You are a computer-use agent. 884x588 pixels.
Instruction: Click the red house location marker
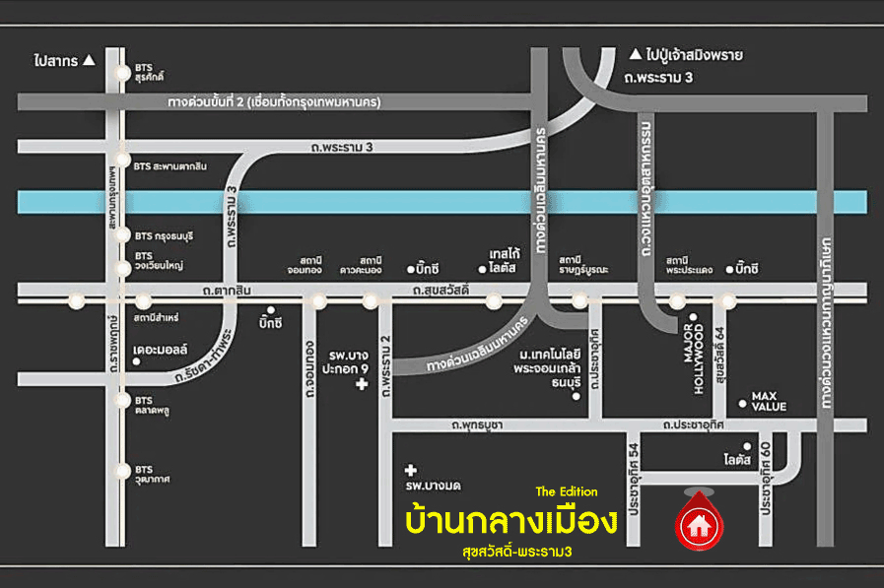(x=699, y=523)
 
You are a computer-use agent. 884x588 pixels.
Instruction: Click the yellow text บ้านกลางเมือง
(x=511, y=519)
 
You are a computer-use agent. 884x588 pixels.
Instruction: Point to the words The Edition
(x=566, y=491)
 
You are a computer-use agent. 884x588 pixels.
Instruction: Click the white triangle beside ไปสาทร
(x=90, y=60)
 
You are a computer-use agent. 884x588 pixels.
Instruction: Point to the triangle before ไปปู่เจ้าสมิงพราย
(x=635, y=55)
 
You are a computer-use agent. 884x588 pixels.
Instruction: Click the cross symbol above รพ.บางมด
(x=411, y=470)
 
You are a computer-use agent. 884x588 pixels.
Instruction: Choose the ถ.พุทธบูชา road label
(x=477, y=425)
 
